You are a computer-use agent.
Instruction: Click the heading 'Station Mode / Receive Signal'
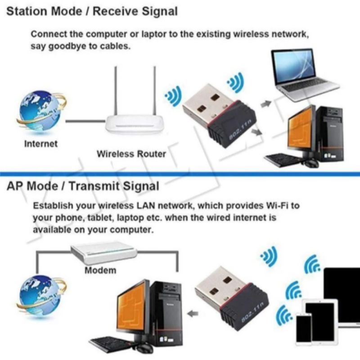tap(92, 11)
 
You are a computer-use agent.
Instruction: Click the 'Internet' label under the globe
tap(41, 144)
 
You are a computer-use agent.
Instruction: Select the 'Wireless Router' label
tap(131, 154)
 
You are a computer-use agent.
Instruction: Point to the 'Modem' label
tap(100, 270)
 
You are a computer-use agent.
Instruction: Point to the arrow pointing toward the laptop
tap(266, 104)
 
